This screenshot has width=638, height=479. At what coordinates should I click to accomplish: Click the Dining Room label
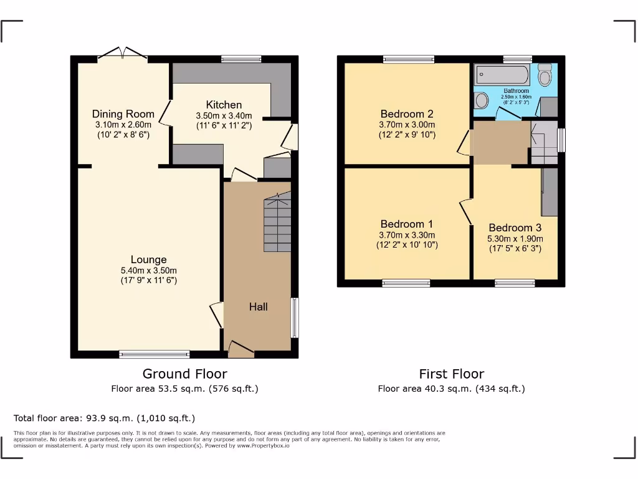click(x=123, y=114)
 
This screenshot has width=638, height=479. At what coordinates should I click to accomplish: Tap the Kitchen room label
click(x=224, y=104)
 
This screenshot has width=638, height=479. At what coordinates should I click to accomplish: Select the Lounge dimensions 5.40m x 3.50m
click(x=149, y=270)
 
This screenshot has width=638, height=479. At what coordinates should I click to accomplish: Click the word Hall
click(x=259, y=306)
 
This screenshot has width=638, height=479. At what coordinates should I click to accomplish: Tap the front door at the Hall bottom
click(x=241, y=349)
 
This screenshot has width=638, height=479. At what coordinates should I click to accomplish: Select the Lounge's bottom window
click(x=155, y=354)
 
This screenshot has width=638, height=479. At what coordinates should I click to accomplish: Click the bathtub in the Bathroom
click(x=502, y=76)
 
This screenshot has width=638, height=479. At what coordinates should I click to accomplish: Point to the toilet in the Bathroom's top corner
click(x=545, y=77)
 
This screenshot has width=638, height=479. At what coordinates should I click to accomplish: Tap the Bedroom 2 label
click(x=407, y=114)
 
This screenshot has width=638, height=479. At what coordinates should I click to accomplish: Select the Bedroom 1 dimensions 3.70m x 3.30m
click(x=407, y=235)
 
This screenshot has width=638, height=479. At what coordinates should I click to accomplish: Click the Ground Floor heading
click(x=184, y=374)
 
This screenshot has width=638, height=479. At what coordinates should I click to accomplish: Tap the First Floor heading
click(x=451, y=374)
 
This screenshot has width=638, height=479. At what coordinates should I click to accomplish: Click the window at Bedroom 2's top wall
click(x=409, y=59)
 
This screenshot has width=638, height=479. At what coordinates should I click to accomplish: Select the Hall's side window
click(x=295, y=317)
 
